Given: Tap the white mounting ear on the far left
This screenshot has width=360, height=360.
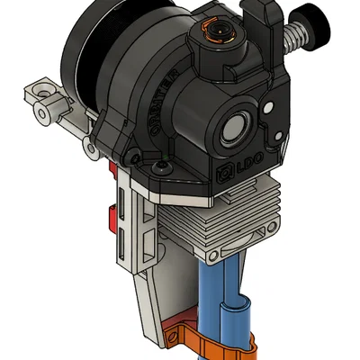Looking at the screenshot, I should [40, 94].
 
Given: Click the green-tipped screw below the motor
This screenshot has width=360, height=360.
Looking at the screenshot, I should [160, 166].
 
